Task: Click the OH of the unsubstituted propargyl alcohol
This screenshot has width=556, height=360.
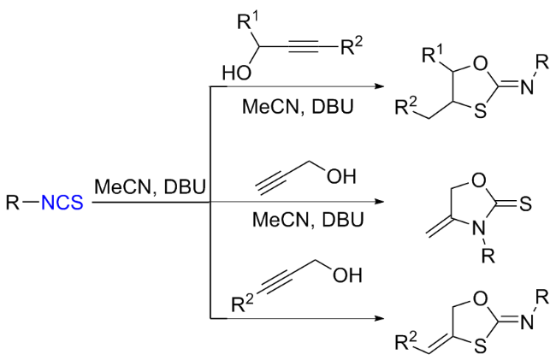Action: click(x=348, y=177)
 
